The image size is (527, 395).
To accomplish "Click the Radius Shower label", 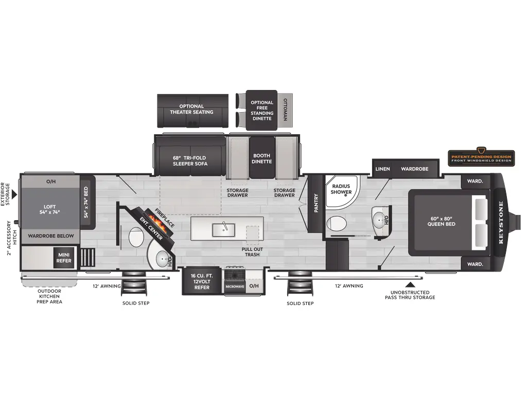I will pyautogui.click(x=341, y=189).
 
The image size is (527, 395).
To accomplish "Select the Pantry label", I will pyautogui.click(x=315, y=203).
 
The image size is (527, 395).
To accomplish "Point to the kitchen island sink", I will pyautogui.click(x=225, y=227).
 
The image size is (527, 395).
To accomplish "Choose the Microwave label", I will pyautogui.click(x=235, y=286).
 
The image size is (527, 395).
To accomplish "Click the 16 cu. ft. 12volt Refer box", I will pyautogui.click(x=202, y=281).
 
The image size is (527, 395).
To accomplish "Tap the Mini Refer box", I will pyautogui.click(x=64, y=257).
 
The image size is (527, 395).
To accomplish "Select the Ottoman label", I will pyautogui.click(x=285, y=110).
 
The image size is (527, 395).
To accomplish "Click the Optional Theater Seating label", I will pyautogui.click(x=192, y=109).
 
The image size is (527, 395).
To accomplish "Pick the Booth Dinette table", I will pyautogui.click(x=262, y=158).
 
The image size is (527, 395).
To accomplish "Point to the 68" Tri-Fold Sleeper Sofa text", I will pyautogui.click(x=190, y=160).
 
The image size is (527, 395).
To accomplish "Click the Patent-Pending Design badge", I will pyautogui.click(x=481, y=157).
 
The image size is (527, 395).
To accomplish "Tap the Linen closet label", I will pyautogui.click(x=382, y=169).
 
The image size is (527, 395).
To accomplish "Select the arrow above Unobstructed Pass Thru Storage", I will pyautogui.click(x=410, y=284).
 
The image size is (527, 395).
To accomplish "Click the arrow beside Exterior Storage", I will pyautogui.click(x=15, y=194).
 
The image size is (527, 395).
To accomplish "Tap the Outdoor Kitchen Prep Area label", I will pyautogui.click(x=49, y=296).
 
